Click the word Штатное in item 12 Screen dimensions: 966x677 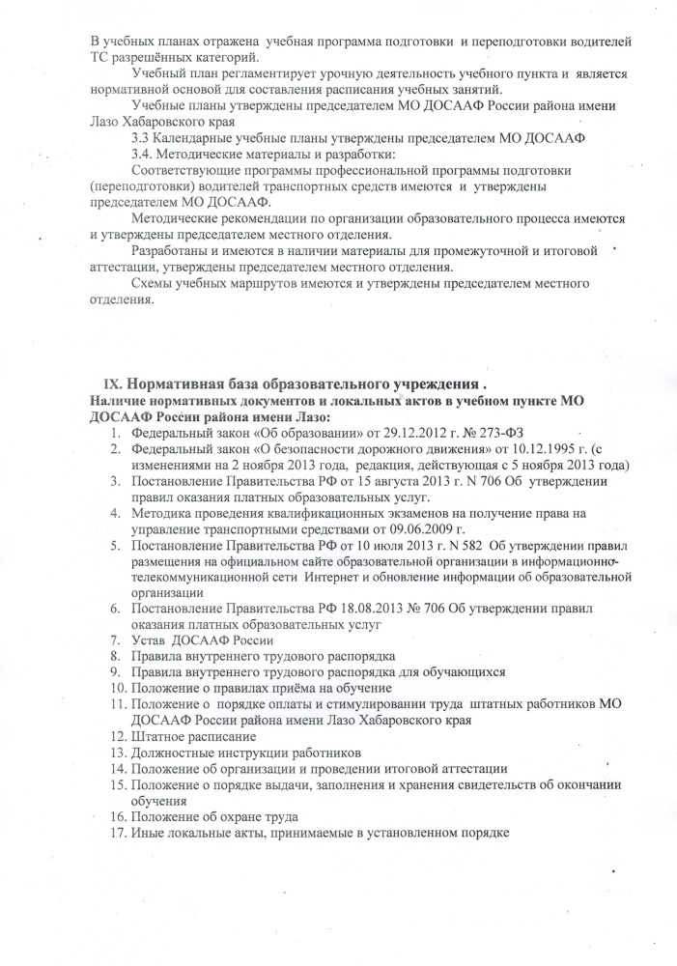(160, 735)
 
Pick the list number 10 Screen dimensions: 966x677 (116, 688)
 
